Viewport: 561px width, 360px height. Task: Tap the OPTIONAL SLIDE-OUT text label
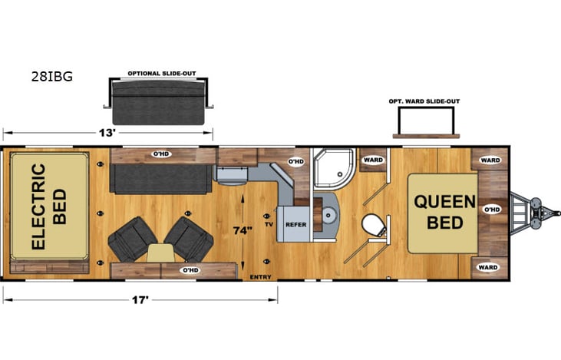pos(162,74)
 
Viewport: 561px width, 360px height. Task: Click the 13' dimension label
pos(108,132)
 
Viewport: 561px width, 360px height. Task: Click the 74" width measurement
pos(243,229)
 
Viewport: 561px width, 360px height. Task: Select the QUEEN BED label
pos(439,212)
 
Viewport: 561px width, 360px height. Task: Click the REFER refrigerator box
pos(296,224)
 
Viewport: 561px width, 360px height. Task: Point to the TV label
pos(269,224)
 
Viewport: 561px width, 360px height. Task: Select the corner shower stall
pos(335,168)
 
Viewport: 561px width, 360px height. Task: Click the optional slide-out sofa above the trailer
pos(161,102)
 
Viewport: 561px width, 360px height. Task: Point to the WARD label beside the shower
pos(373,160)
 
